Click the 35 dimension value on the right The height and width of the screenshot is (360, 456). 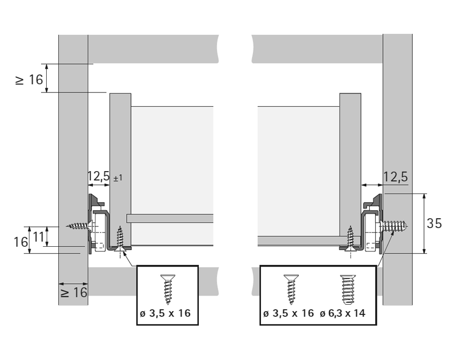[434, 223]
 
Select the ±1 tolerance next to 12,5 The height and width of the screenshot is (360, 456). [116, 178]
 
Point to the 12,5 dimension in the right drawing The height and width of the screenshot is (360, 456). [396, 177]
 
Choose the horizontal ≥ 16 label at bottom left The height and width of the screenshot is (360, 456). [74, 292]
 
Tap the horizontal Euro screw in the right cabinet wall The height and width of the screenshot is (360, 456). [395, 225]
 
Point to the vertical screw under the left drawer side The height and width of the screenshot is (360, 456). [121, 239]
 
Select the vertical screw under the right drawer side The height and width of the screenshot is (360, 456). [350, 239]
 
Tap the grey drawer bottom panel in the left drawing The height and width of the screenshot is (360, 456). [170, 218]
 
